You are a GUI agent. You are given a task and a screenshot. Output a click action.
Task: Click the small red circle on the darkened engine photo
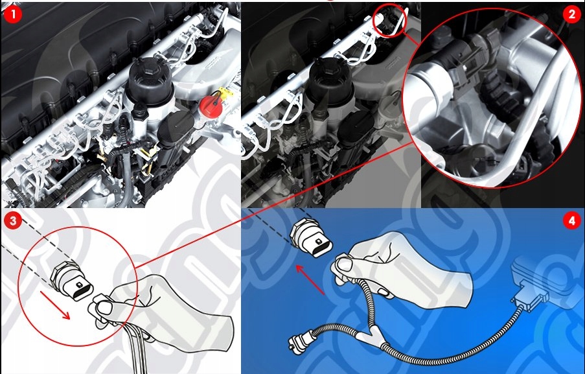(389, 19)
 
